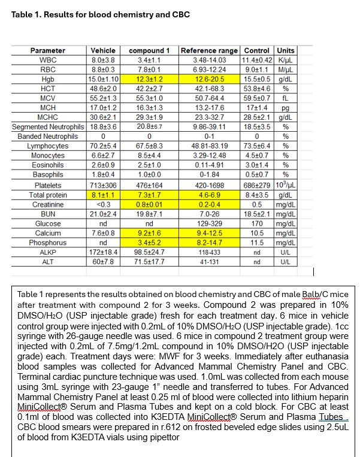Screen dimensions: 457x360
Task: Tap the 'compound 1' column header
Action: click(149, 51)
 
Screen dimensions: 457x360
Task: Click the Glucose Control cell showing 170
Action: click(257, 223)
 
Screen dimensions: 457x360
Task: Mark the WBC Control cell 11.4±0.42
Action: click(257, 60)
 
